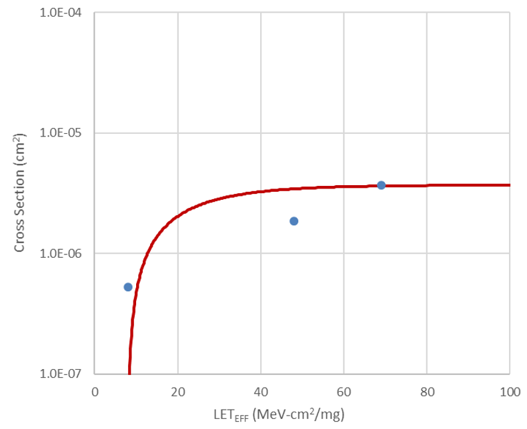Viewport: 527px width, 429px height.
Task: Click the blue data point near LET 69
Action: tap(381, 185)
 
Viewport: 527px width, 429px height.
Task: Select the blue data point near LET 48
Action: tap(294, 220)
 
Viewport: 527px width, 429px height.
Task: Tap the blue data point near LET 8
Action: tap(128, 286)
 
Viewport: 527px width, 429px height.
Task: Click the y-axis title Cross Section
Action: tap(20, 193)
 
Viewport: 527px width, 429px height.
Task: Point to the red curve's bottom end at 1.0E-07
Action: tap(129, 372)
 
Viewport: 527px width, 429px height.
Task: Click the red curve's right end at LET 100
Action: tap(509, 185)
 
